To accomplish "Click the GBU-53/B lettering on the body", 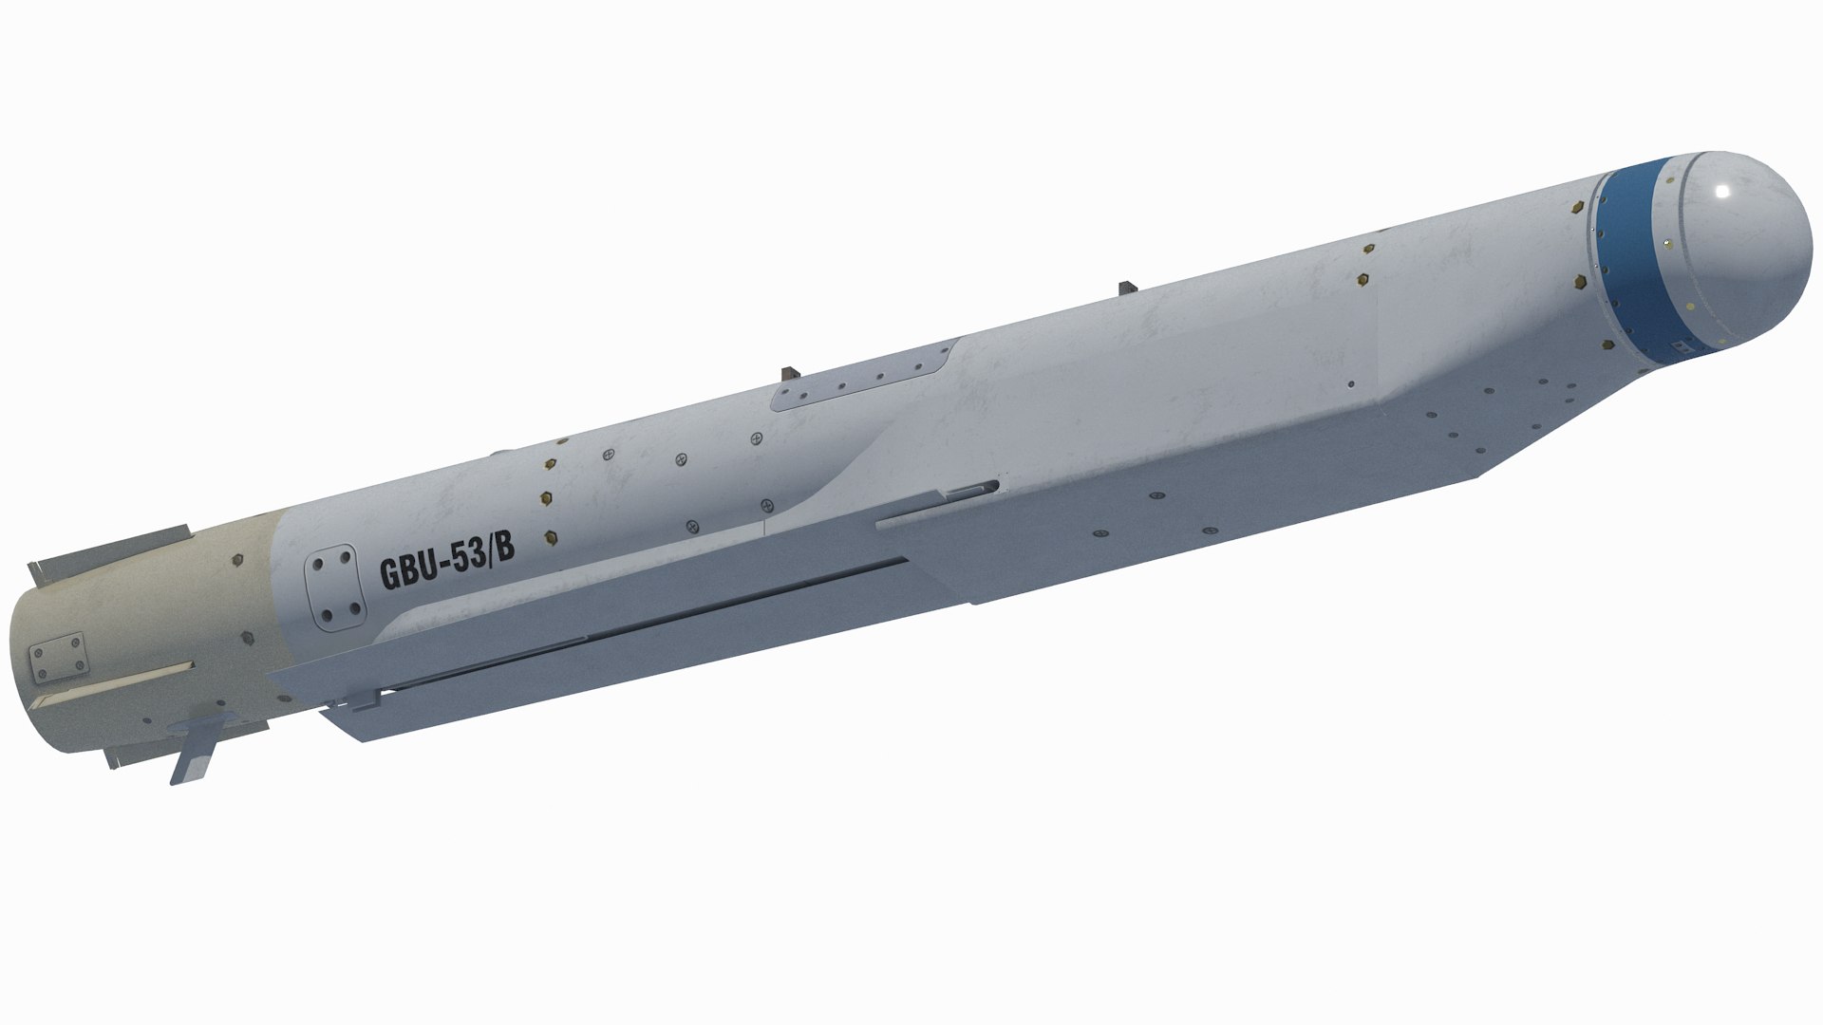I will (x=446, y=566).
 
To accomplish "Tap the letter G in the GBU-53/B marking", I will (x=389, y=574).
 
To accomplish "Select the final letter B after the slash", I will (x=505, y=552).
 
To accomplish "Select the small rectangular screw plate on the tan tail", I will (x=57, y=658).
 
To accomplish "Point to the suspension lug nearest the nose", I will (x=1127, y=289).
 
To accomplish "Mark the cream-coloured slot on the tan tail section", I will (x=114, y=680).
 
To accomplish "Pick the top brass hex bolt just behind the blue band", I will (x=1581, y=206).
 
